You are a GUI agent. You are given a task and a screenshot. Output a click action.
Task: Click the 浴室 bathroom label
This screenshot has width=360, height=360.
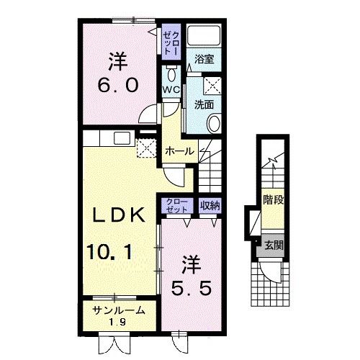click(x=204, y=59)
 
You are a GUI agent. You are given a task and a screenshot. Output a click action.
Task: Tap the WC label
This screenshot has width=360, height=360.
click(x=171, y=90)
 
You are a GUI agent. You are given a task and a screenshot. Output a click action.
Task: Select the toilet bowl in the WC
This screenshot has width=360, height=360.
click(x=171, y=73)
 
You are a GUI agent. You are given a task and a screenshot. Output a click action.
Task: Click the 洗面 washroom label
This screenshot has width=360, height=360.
click(x=204, y=104)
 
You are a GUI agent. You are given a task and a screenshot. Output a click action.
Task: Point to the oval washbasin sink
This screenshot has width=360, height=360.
click(x=214, y=123)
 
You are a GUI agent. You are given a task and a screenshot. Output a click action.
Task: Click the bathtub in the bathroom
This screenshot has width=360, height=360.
click(x=204, y=35)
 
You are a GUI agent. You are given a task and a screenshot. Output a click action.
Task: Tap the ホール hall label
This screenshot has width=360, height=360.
click(x=180, y=151)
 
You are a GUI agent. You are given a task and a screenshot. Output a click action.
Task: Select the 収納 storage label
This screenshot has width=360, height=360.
click(x=210, y=205)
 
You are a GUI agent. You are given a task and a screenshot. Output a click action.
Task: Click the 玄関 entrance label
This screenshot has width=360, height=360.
click(x=274, y=246)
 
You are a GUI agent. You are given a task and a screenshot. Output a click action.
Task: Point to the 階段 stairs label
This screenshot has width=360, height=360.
click(x=274, y=199)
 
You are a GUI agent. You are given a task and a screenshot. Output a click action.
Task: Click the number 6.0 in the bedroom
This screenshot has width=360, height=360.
click(x=118, y=86)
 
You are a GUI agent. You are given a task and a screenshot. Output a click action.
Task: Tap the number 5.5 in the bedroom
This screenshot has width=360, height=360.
click(x=192, y=288)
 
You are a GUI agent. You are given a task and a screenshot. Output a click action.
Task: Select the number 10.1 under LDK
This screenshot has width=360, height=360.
click(x=109, y=252)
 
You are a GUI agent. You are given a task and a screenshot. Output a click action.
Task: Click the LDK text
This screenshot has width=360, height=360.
click(x=119, y=215)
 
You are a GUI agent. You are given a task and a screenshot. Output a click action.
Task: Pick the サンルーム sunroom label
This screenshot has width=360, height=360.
click(x=119, y=310)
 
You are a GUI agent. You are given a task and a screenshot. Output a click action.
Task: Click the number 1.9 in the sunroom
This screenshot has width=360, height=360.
click(x=117, y=322)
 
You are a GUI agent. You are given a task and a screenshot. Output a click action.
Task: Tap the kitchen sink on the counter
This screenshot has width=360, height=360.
click(x=122, y=138)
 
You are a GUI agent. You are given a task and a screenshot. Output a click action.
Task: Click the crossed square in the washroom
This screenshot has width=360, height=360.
click(x=212, y=86)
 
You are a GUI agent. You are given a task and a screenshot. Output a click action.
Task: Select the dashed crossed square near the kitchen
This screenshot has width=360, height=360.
click(x=146, y=148)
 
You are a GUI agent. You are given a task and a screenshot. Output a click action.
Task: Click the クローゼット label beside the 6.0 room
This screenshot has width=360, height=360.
click(x=171, y=42)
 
